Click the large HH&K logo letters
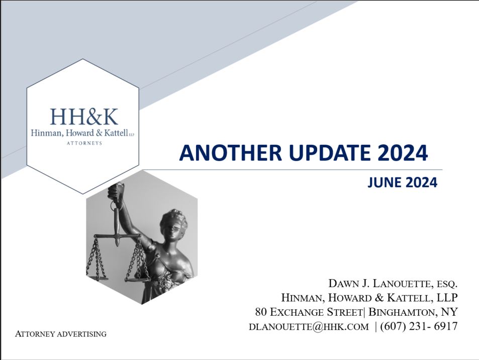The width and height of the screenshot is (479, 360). pos(84,117)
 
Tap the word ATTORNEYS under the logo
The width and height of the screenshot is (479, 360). pos(84,143)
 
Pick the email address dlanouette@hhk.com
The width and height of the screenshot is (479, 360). pos(309,326)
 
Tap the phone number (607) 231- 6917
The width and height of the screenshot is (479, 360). pos(419,326)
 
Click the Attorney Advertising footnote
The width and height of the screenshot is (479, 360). pos(61,334)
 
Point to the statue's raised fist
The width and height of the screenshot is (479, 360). pos(115,190)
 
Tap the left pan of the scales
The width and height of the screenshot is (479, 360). pos(97,279)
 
